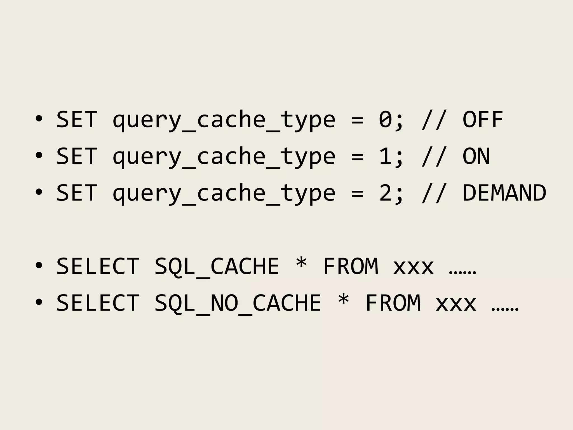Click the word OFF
(x=483, y=120)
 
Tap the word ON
(x=476, y=156)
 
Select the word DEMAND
(x=504, y=193)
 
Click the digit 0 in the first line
(x=386, y=120)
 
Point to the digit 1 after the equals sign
(x=386, y=156)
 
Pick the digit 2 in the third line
(x=386, y=193)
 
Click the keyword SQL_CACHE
(x=217, y=266)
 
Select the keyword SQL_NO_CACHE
(x=238, y=303)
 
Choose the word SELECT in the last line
(x=98, y=303)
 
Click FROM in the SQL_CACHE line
(x=351, y=266)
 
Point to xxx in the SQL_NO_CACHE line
(x=456, y=305)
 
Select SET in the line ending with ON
(x=77, y=156)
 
